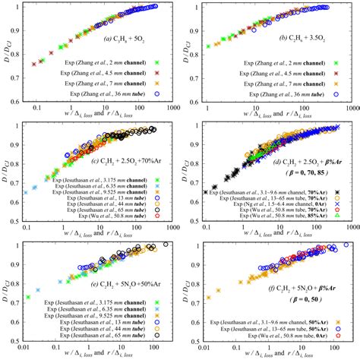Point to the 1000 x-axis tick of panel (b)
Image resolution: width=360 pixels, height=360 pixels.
pos(348,109)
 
